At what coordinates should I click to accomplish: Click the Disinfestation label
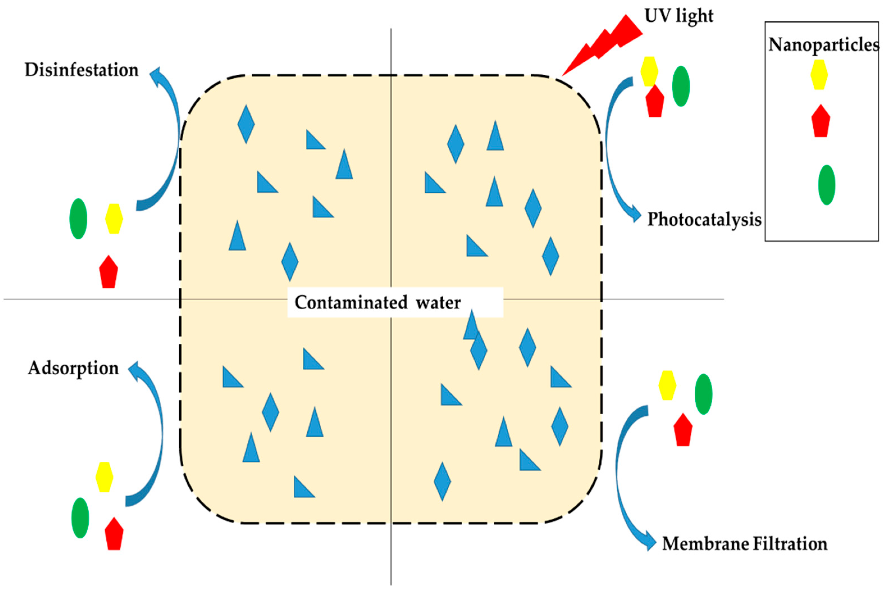(81, 70)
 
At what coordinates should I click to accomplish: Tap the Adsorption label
(74, 368)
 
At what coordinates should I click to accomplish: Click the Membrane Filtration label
(745, 544)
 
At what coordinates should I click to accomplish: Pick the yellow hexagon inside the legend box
(819, 75)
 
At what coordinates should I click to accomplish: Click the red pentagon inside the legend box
(821, 122)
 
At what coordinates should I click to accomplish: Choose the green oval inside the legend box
(827, 185)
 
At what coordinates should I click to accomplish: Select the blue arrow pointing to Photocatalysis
(612, 151)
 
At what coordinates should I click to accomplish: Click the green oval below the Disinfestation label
(78, 219)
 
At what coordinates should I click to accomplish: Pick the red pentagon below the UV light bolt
(655, 102)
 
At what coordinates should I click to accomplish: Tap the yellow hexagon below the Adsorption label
(104, 477)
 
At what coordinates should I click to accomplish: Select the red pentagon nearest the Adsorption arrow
(114, 535)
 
